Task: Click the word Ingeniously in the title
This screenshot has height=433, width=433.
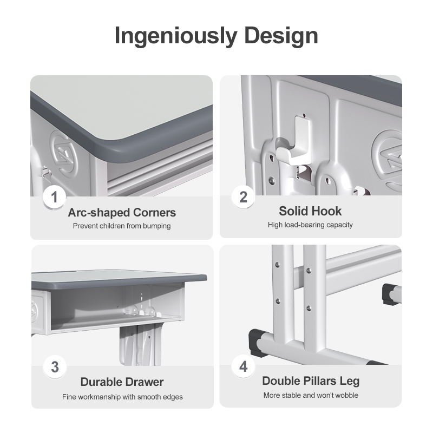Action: [176, 36]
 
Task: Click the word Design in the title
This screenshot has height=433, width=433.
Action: [281, 36]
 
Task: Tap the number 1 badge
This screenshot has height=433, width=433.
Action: [55, 197]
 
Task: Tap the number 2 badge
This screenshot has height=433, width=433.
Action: [243, 197]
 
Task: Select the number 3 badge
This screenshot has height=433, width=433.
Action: [55, 367]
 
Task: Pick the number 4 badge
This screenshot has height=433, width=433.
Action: [243, 366]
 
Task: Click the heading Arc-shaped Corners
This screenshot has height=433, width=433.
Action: [122, 213]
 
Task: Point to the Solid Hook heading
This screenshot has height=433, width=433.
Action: [310, 211]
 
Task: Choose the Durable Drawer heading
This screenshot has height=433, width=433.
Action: [122, 382]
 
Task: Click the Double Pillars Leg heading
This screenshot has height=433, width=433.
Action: [311, 381]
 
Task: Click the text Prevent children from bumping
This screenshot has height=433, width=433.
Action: [122, 226]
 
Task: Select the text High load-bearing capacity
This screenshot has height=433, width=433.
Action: [310, 225]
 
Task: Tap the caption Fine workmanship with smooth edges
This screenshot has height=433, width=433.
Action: [122, 397]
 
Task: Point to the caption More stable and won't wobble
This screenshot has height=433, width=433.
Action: [311, 395]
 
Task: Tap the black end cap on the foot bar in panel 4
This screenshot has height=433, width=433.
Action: [255, 342]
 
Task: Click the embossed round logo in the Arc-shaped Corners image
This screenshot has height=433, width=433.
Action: [64, 155]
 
